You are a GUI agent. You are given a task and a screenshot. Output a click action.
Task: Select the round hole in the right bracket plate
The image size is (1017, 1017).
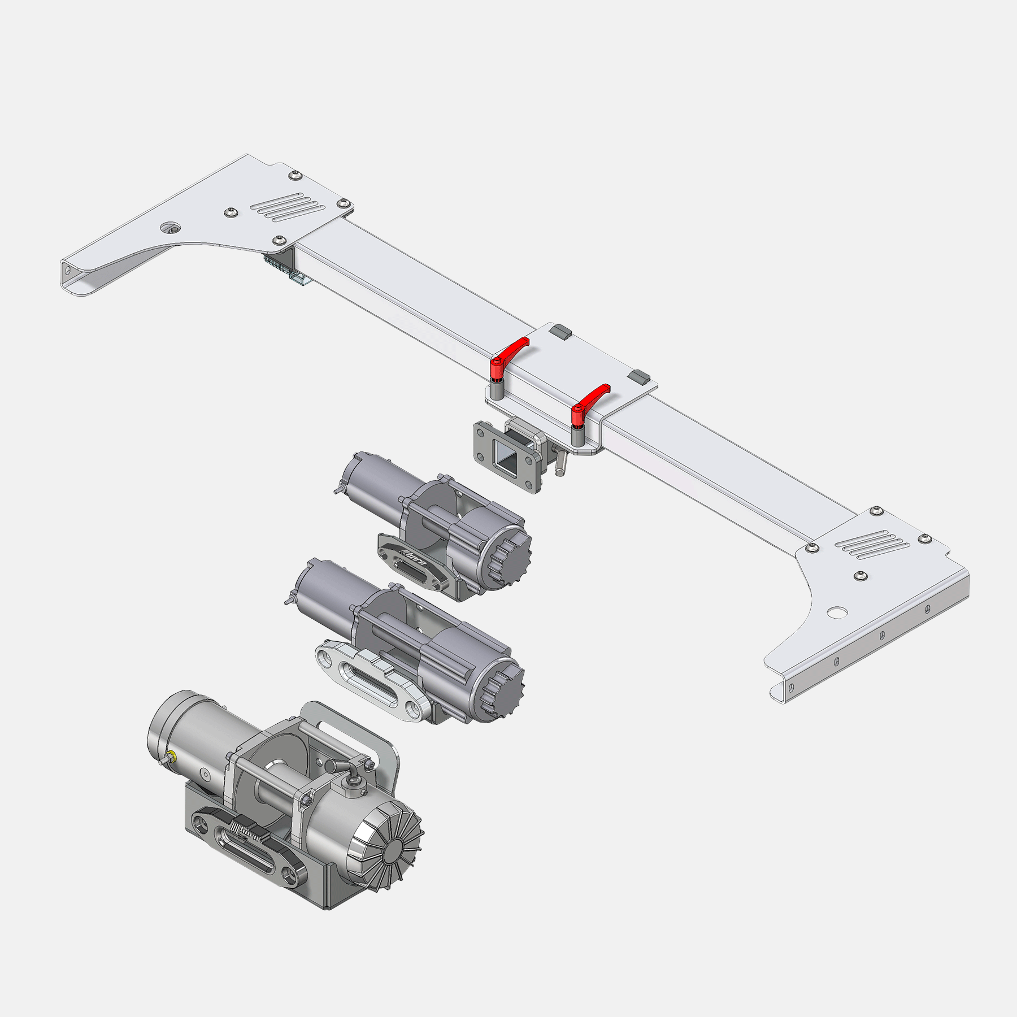(837, 612)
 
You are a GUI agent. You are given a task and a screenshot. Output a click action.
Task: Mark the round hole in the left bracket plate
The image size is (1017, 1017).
(169, 228)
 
